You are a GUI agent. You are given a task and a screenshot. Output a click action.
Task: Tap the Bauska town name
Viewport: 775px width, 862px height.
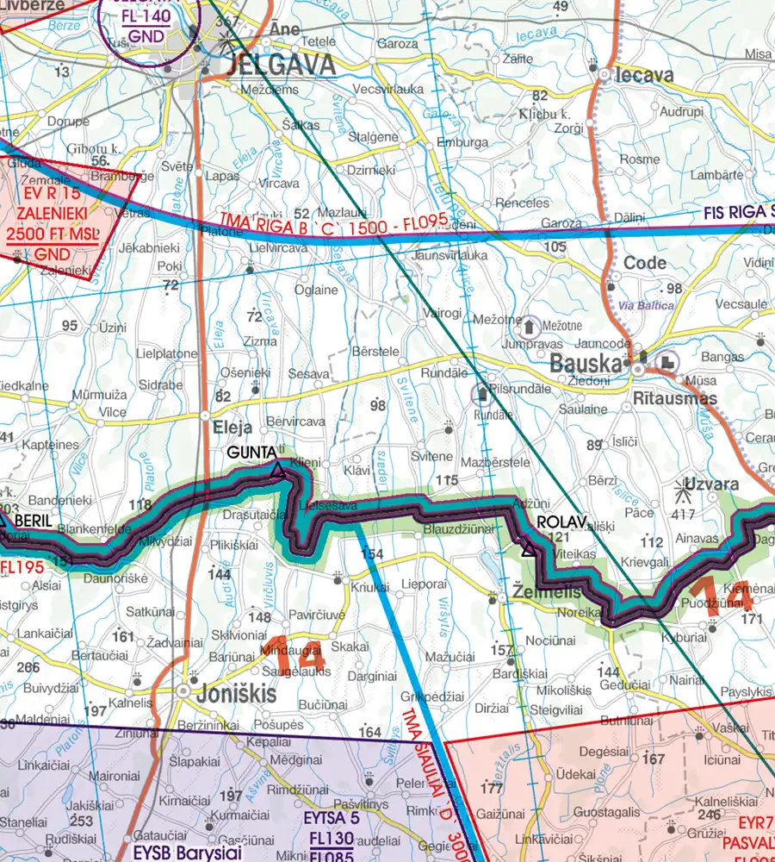tap(586, 363)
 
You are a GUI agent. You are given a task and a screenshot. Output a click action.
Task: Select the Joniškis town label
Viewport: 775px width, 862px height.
tap(234, 691)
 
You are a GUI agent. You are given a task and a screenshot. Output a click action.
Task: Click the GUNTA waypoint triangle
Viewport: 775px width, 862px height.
tap(277, 470)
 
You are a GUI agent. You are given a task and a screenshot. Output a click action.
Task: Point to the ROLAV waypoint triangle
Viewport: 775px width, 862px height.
tap(527, 545)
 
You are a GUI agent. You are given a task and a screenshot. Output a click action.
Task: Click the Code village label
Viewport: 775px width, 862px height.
tap(645, 263)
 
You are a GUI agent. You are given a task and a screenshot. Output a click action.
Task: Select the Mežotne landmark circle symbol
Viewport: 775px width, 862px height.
tap(530, 326)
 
